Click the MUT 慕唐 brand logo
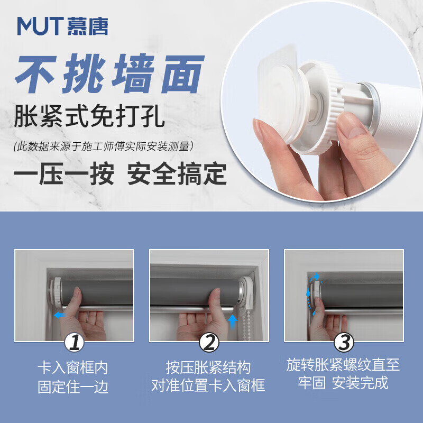[62, 26]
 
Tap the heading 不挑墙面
[109, 73]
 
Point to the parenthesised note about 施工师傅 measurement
[104, 146]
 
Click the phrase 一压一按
[64, 174]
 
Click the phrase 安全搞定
[177, 174]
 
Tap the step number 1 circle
[74, 343]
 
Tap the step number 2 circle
[209, 343]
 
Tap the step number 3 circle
[344, 343]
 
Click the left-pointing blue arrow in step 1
[60, 315]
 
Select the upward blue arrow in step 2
[232, 321]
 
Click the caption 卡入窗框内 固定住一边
[73, 377]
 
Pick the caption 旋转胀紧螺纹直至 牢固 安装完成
[343, 374]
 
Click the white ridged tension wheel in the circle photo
[320, 108]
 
